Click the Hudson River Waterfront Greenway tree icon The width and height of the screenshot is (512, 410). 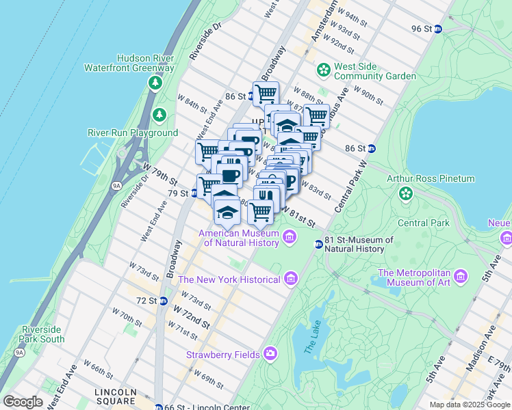pyautogui.click(x=155, y=82)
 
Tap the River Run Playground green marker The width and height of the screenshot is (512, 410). pyautogui.click(x=159, y=114)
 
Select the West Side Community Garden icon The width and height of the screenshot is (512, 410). pyautogui.click(x=323, y=70)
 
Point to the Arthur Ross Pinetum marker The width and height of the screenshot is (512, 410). pyautogui.click(x=406, y=193)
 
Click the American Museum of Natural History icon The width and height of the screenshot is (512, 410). pyautogui.click(x=290, y=238)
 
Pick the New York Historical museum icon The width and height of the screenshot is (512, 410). pyautogui.click(x=290, y=279)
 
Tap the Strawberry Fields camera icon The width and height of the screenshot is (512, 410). pyautogui.click(x=270, y=353)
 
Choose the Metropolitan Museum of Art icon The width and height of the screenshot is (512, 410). pyautogui.click(x=461, y=276)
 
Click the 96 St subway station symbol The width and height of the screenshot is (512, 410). pyautogui.click(x=439, y=29)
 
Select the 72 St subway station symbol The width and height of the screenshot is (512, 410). pyautogui.click(x=163, y=301)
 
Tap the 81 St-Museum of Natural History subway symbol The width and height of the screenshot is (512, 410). pyautogui.click(x=318, y=244)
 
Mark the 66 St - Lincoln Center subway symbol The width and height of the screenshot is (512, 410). pyautogui.click(x=159, y=407)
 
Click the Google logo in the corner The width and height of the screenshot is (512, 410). pyautogui.click(x=23, y=402)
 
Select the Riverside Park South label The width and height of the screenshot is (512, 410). pyautogui.click(x=42, y=334)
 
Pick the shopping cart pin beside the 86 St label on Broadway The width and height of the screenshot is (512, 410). pyautogui.click(x=265, y=94)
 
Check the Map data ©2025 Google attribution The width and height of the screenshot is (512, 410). pyautogui.click(x=470, y=405)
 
